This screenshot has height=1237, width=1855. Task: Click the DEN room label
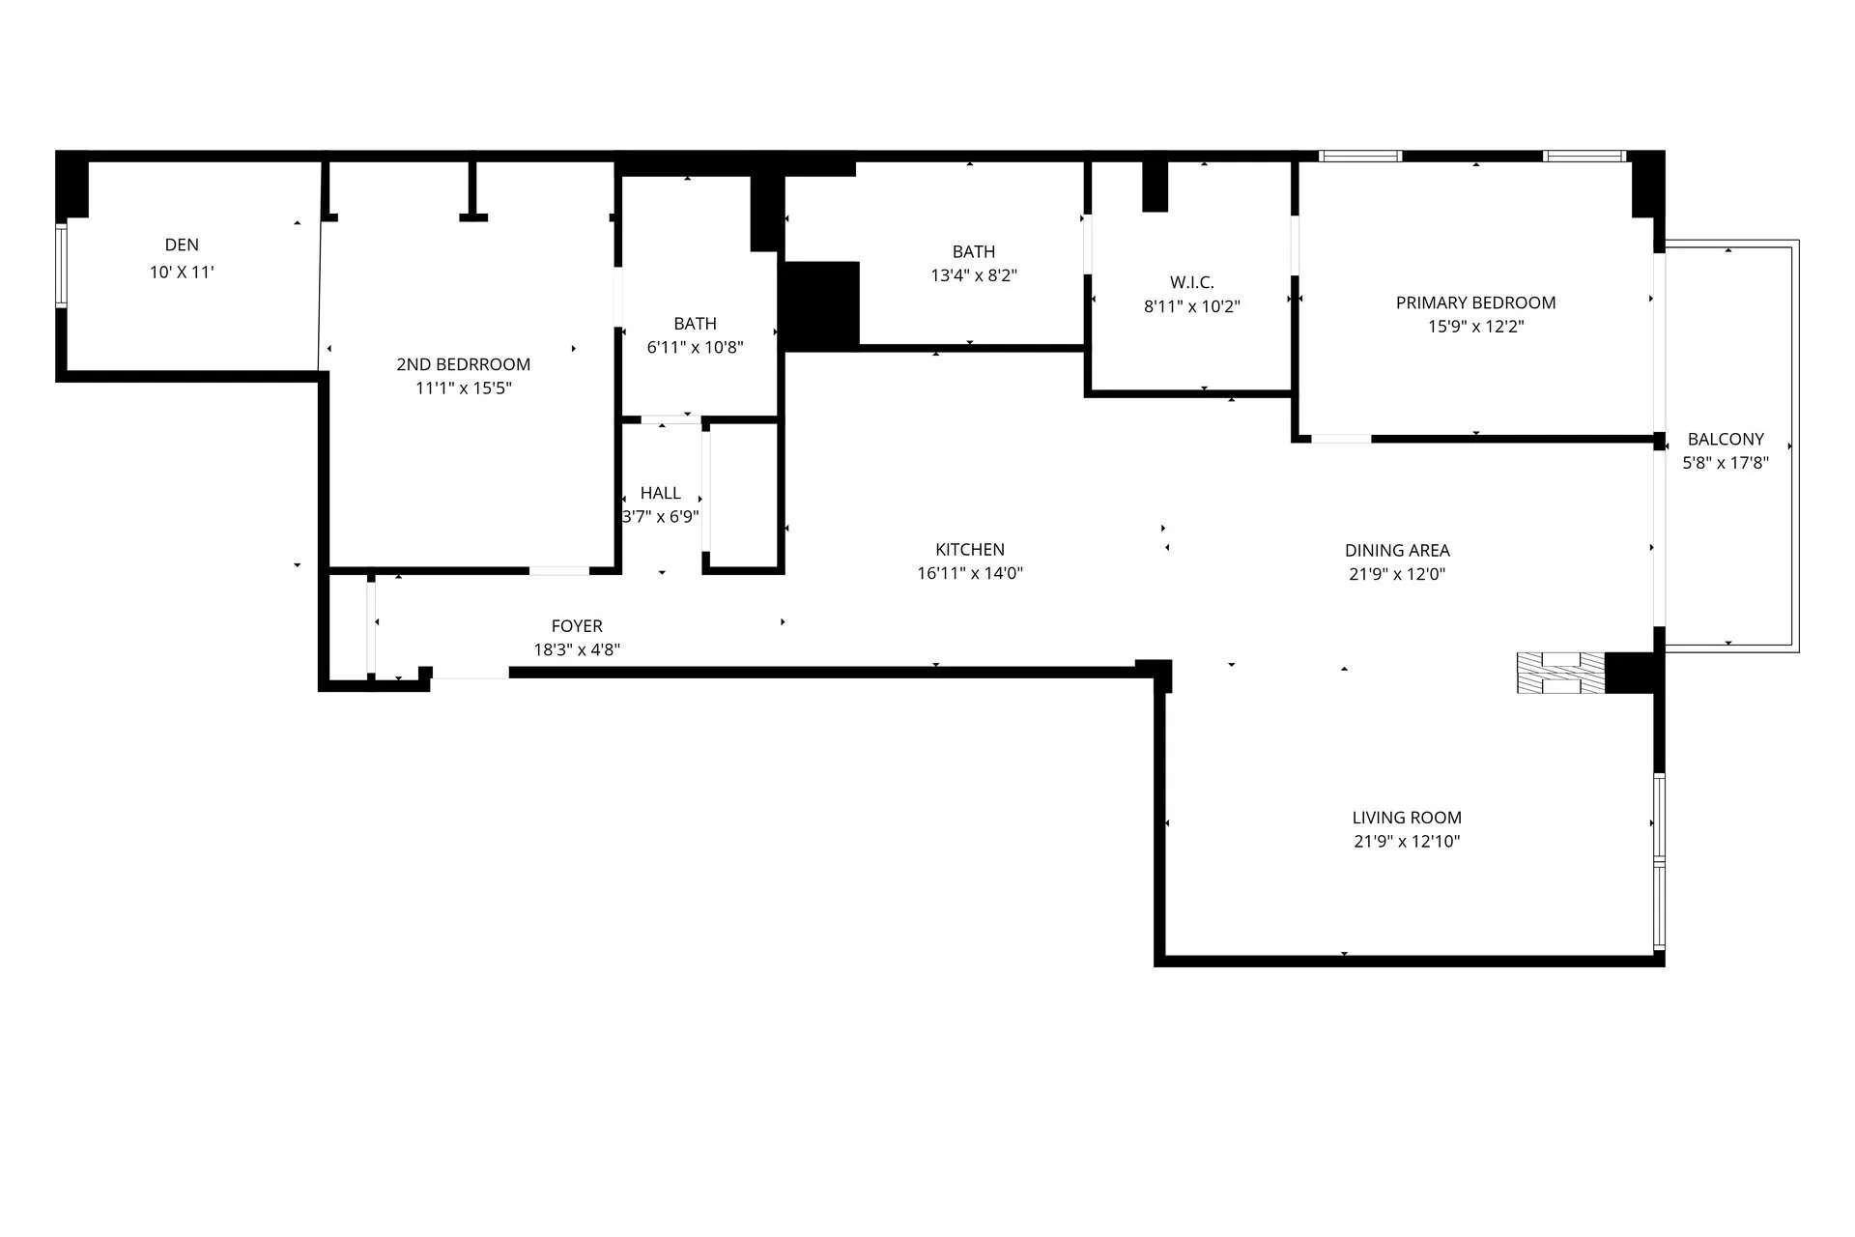[x=182, y=245]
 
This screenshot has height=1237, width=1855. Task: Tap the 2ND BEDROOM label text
[x=464, y=364]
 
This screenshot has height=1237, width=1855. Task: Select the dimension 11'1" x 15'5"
[x=464, y=388]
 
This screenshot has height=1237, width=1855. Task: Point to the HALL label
[x=661, y=493]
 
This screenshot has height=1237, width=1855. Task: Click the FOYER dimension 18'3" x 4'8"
[x=577, y=650]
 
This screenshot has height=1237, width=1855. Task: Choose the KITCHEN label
[x=970, y=550]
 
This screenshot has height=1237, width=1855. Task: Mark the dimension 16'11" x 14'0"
[x=970, y=574]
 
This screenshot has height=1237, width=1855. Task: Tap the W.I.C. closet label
[x=1192, y=282]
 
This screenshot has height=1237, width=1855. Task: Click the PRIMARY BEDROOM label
[x=1476, y=302]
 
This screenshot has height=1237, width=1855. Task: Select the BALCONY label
[x=1726, y=439]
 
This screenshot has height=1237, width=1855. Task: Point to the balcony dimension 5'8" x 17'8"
[x=1726, y=463]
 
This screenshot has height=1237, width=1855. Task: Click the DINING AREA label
[x=1397, y=551]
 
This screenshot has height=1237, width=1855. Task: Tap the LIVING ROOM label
[x=1407, y=818]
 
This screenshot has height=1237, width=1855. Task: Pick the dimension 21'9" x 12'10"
[x=1407, y=842]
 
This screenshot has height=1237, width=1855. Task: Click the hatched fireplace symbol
[x=1560, y=674]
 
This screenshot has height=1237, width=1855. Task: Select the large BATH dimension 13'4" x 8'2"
[x=974, y=275]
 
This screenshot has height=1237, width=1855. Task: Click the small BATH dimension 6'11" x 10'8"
[x=696, y=348]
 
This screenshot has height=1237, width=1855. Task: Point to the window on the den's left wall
[x=61, y=266]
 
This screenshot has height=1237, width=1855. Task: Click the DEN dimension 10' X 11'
[x=182, y=273]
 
